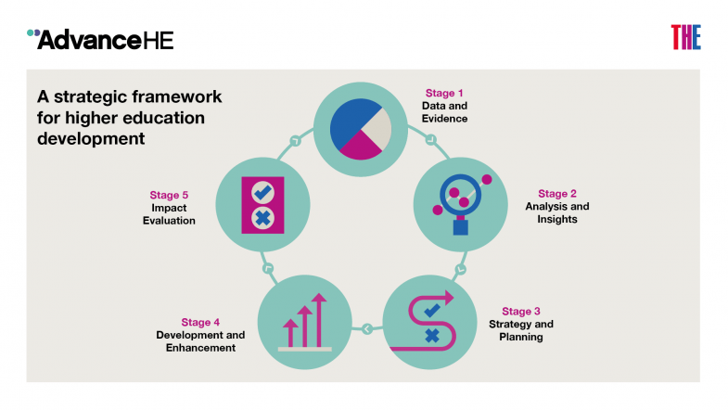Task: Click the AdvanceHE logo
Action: pos(100,39)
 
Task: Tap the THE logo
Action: pos(685,37)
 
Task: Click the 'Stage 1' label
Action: pos(440,94)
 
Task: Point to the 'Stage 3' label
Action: pos(517,312)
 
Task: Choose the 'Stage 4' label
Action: pos(201,322)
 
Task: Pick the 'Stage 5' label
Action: pos(169,195)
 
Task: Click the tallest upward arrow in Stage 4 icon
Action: pos(319,320)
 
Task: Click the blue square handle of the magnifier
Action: pos(460,225)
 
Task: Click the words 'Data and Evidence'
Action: pos(444,112)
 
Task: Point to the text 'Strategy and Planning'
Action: pos(520,330)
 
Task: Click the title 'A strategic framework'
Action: pos(129,96)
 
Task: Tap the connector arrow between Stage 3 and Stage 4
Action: pos(367,327)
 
